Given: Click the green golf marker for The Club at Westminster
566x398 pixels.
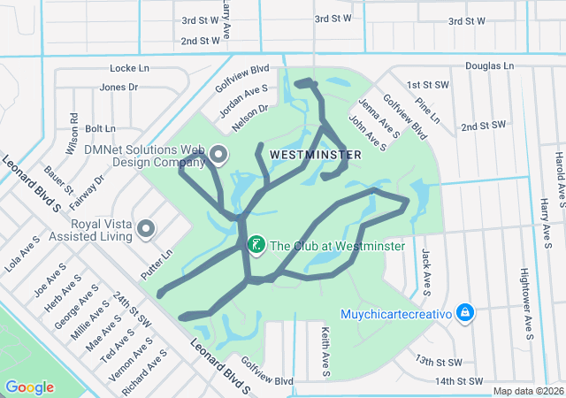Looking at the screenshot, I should point(256,245).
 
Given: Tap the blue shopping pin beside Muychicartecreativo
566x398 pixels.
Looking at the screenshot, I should point(466,313).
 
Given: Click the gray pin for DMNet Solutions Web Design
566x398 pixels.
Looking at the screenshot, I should point(218,157).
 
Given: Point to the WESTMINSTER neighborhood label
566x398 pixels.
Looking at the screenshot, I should point(316,155).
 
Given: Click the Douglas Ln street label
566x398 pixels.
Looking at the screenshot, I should point(490,66).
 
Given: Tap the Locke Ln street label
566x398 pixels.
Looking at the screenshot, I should point(129,68).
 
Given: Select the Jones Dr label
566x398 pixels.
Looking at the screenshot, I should point(119,87).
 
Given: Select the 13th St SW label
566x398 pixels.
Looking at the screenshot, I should point(440,362).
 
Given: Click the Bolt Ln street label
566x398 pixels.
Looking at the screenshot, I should point(100,129).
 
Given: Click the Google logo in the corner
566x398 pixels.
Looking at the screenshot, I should point(30,387).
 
